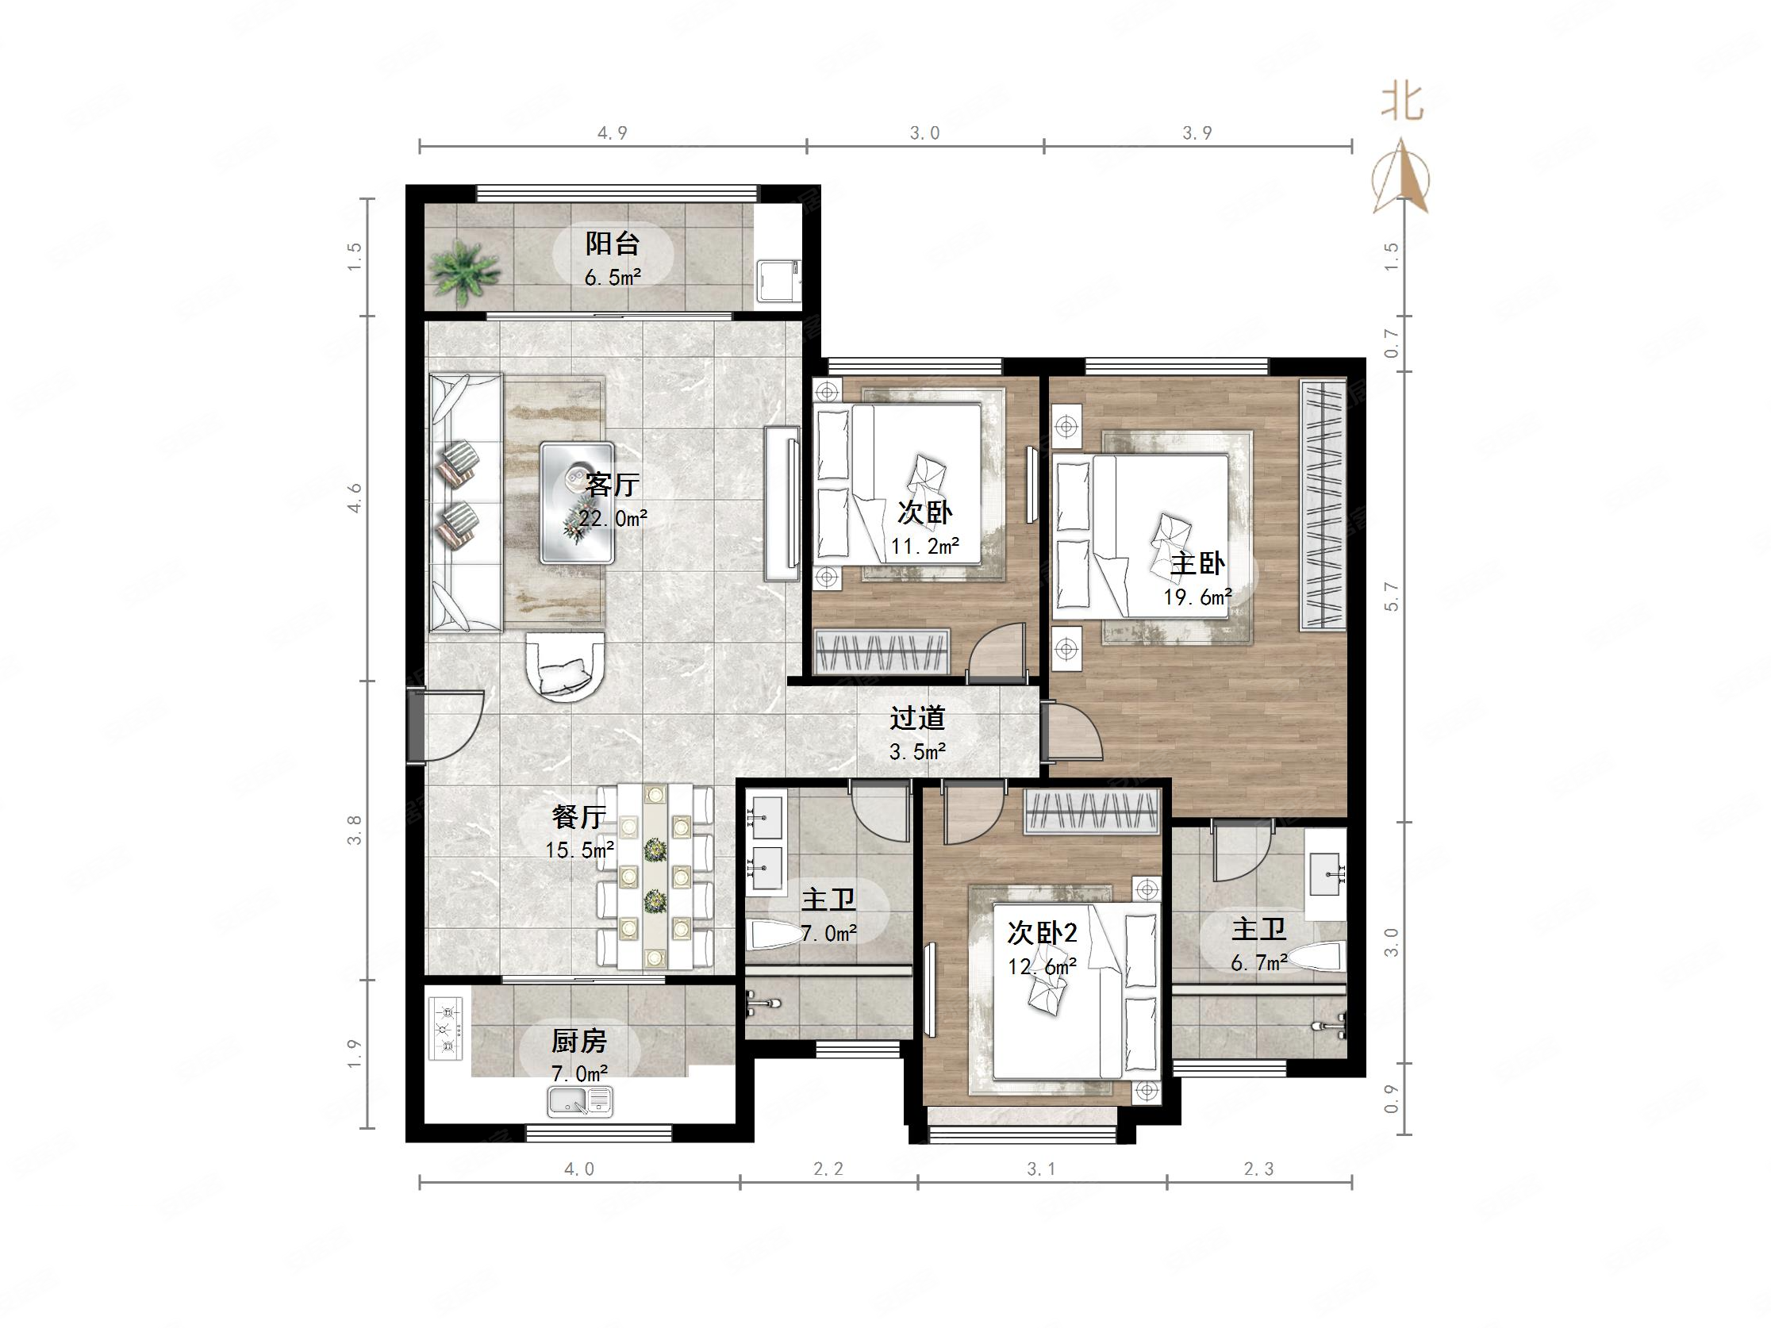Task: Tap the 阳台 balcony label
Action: pos(613,243)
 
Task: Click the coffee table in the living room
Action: pos(578,503)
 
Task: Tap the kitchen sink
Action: pos(580,1101)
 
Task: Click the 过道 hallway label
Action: pos(917,718)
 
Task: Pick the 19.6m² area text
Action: pos(1198,597)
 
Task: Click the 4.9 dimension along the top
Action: pos(613,133)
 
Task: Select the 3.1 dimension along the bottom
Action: pos(1041,1169)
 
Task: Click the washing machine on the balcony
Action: pos(778,280)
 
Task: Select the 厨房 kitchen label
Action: pos(579,1042)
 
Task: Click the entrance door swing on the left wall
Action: pos(449,725)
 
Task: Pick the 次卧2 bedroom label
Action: pos(1042,933)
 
